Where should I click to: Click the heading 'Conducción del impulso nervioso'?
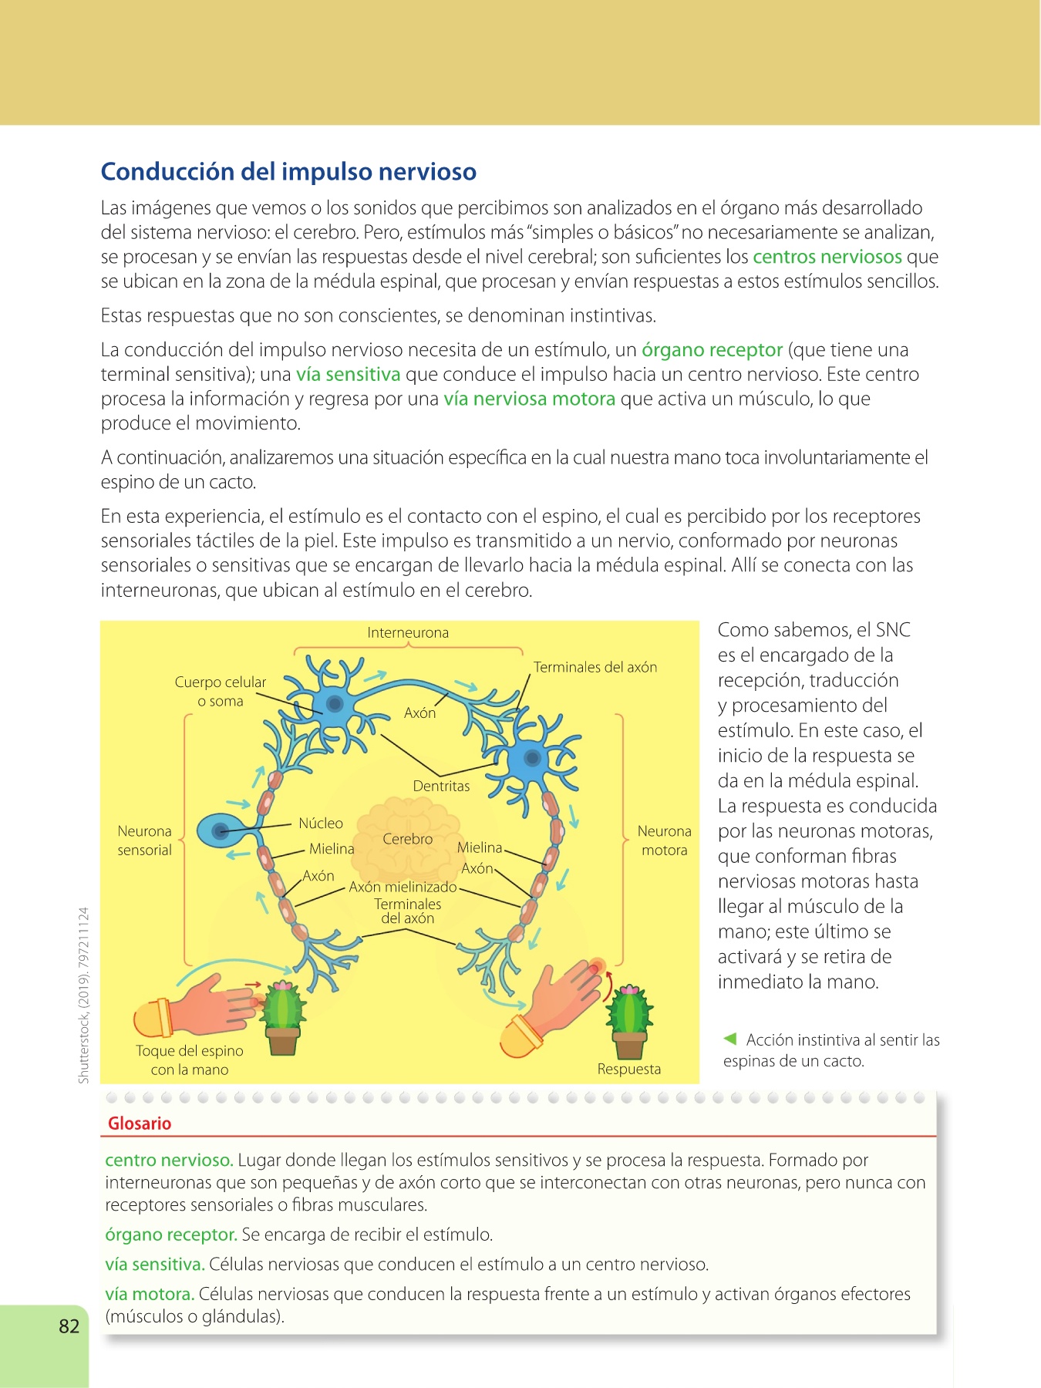pyautogui.click(x=288, y=171)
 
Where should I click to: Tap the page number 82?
pyautogui.click(x=69, y=1326)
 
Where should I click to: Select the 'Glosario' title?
pyautogui.click(x=140, y=1124)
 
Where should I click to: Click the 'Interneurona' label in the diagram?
pyautogui.click(x=408, y=633)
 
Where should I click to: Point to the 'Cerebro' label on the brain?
pyautogui.click(x=408, y=839)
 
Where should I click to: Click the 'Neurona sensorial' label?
pyautogui.click(x=144, y=841)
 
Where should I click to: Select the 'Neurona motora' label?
pyautogui.click(x=664, y=841)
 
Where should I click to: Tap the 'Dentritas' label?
pyautogui.click(x=441, y=787)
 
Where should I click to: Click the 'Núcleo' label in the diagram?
pyautogui.click(x=321, y=824)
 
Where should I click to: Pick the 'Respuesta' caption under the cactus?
pyautogui.click(x=629, y=1070)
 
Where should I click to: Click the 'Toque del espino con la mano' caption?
pyautogui.click(x=190, y=1060)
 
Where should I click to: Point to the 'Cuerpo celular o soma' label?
pyautogui.click(x=221, y=692)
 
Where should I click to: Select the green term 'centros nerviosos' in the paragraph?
pyautogui.click(x=827, y=257)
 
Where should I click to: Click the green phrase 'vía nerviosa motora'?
pyautogui.click(x=529, y=399)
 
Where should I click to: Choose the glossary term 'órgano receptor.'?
pyautogui.click(x=170, y=1235)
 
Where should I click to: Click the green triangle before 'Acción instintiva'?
pyautogui.click(x=730, y=1039)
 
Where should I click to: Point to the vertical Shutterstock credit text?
pyautogui.click(x=84, y=995)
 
